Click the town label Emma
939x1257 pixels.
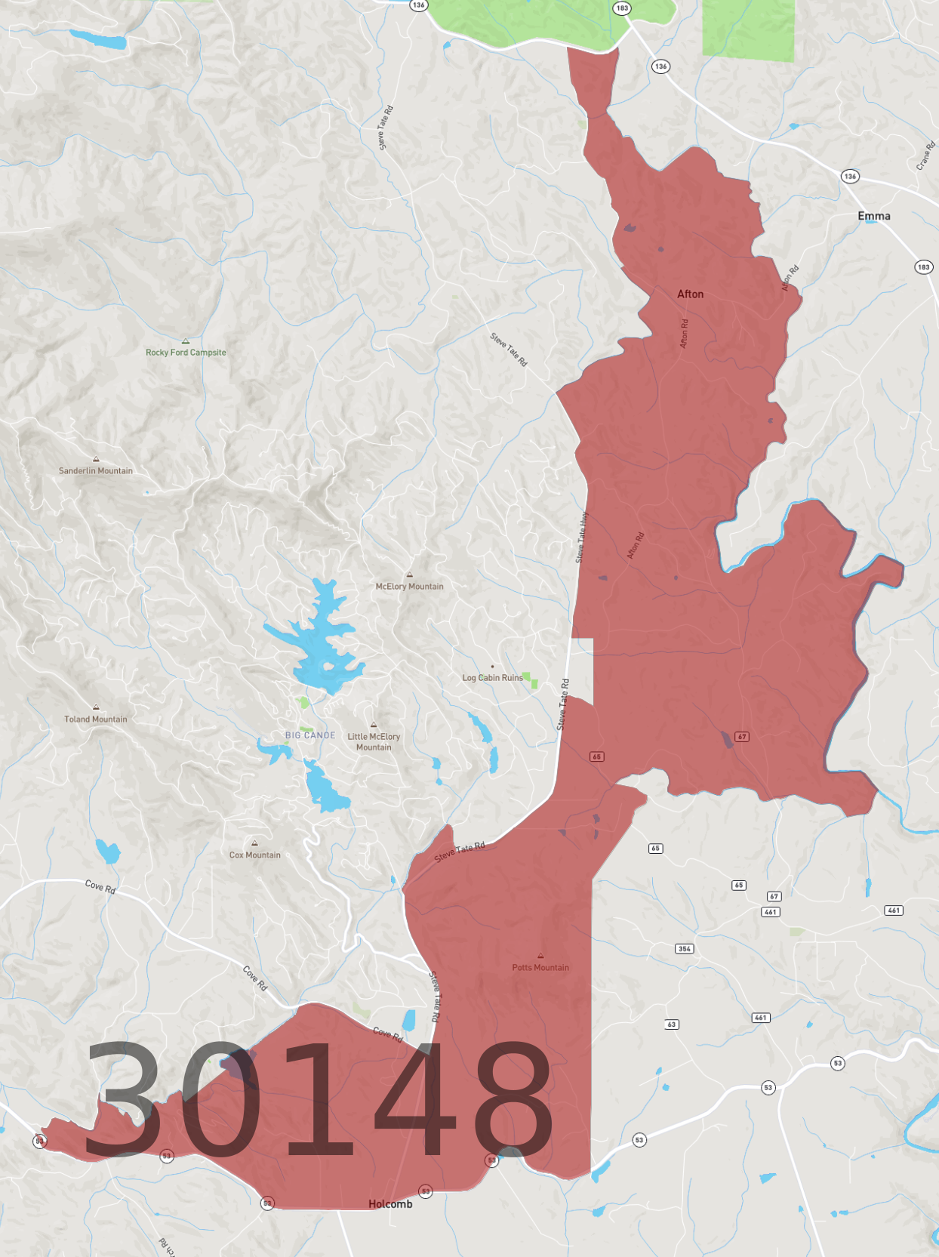pyautogui.click(x=873, y=216)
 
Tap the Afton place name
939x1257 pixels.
pyautogui.click(x=690, y=294)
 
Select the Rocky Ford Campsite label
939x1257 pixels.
pyautogui.click(x=186, y=353)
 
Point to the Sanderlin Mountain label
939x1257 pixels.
pyautogui.click(x=96, y=471)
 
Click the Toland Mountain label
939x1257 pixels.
pyautogui.click(x=96, y=719)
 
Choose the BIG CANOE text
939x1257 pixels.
pyautogui.click(x=310, y=735)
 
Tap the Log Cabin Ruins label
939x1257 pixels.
pyautogui.click(x=492, y=678)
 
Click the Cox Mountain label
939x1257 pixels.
pyautogui.click(x=255, y=855)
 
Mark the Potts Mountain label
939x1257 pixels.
pyautogui.click(x=540, y=968)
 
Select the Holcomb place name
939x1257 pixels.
pyautogui.click(x=390, y=1204)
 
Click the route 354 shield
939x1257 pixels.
pyautogui.click(x=685, y=949)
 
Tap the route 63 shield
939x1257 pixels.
pyautogui.click(x=672, y=1024)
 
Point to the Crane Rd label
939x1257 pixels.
pyautogui.click(x=925, y=156)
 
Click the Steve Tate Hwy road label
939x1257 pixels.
pyautogui.click(x=582, y=538)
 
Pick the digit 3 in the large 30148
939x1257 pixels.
pyautogui.click(x=121, y=1098)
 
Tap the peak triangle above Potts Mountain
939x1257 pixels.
pyautogui.click(x=540, y=956)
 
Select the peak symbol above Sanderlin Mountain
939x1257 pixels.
pyautogui.click(x=96, y=459)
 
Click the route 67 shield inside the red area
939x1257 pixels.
pyautogui.click(x=742, y=737)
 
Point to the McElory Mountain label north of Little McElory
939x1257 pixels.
pyautogui.click(x=410, y=587)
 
